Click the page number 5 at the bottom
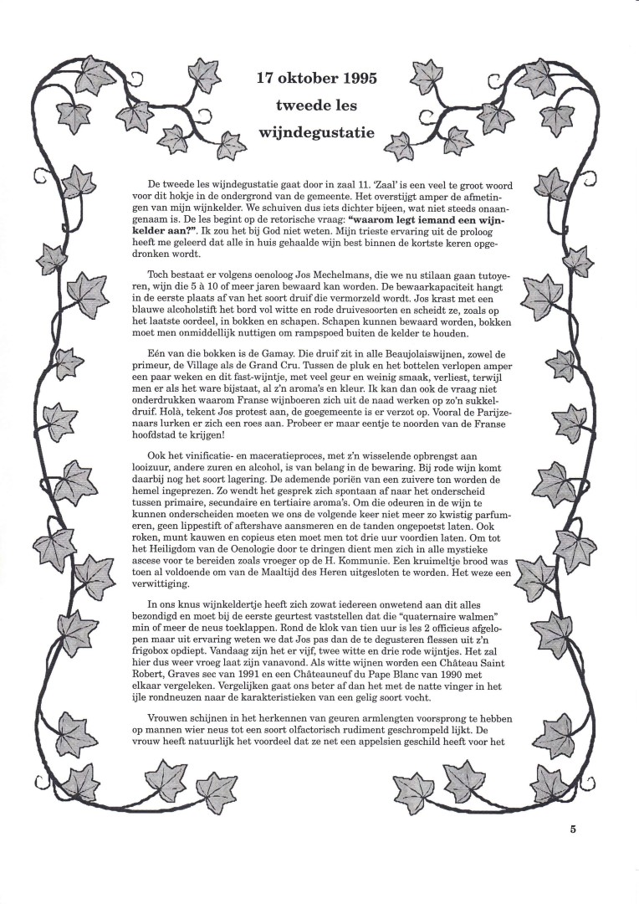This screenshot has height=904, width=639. (x=573, y=830)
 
